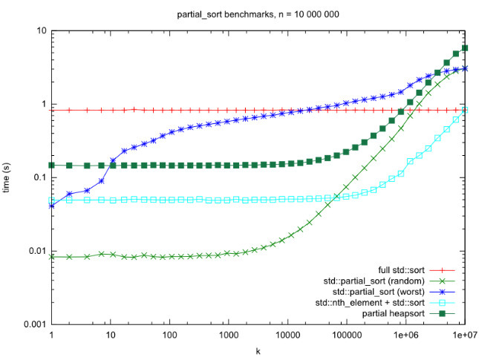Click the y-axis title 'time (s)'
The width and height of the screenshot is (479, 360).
pyautogui.click(x=9, y=178)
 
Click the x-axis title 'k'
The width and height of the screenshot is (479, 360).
pyautogui.click(x=258, y=350)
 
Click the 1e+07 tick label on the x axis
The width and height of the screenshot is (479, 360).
pyautogui.click(x=464, y=336)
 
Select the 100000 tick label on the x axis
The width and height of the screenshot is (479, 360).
pyautogui.click(x=346, y=336)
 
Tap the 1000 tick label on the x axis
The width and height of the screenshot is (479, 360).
pyautogui.click(x=228, y=336)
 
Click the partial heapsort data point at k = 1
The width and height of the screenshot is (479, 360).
pyautogui.click(x=51, y=165)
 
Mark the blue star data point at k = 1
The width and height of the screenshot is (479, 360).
pyautogui.click(x=51, y=206)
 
